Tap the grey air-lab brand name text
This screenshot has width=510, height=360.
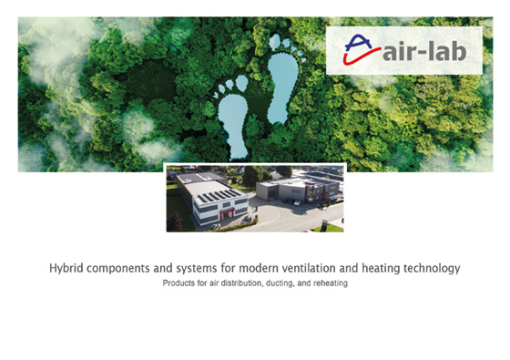(424, 51)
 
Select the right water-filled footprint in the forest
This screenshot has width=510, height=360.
(282, 87)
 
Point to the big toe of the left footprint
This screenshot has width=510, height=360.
(241, 83)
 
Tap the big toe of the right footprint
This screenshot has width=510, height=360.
(275, 42)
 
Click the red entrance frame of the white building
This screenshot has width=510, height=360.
(227, 213)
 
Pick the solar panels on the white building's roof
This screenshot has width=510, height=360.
(218, 196)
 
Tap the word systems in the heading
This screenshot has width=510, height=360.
(197, 269)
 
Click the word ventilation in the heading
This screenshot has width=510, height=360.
(309, 269)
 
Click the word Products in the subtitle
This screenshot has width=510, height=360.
(178, 283)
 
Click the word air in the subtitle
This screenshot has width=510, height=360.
(214, 283)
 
